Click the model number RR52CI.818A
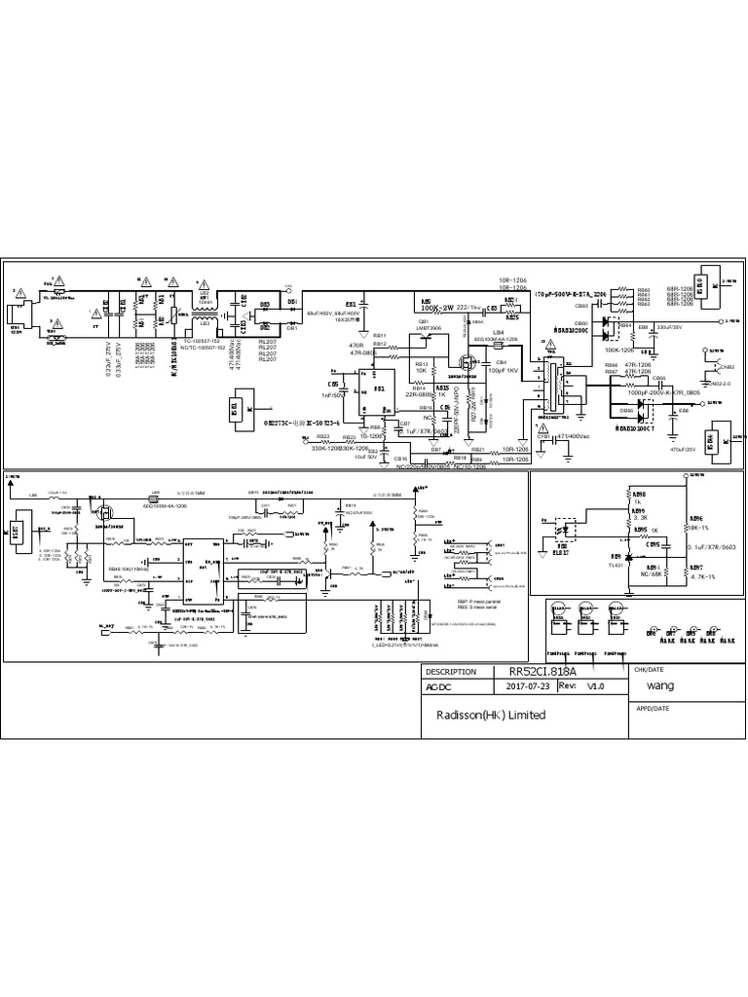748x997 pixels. pos(547,672)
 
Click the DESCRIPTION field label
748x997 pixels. pos(452,672)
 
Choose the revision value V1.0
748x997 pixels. pos(595,685)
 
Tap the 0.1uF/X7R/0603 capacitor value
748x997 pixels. pos(712,547)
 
